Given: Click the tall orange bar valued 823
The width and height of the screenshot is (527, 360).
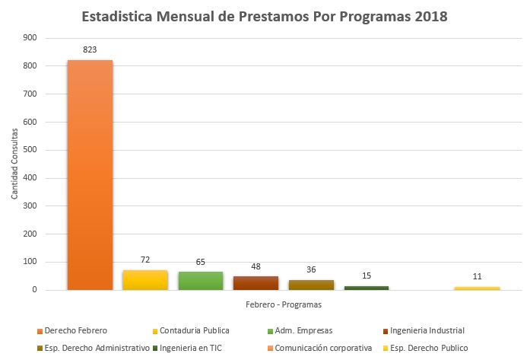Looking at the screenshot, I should pos(90,175).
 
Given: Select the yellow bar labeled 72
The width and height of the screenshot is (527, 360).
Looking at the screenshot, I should pos(145,280).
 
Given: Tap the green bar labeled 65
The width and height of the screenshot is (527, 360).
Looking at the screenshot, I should pos(201,281).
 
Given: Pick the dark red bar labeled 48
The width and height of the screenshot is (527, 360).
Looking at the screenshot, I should pos(256,283).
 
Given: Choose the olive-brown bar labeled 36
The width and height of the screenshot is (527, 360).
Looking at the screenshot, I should pos(311,285).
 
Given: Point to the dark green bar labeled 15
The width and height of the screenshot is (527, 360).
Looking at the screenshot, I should pos(367,288).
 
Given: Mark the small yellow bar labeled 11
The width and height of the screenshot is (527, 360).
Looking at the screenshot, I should pos(477,288).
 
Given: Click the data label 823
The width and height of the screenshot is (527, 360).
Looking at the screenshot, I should pos(90,49).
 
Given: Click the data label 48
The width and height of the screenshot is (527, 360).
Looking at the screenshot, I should pos(256,266).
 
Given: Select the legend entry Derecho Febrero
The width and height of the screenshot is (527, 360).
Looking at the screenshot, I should pos(74,330).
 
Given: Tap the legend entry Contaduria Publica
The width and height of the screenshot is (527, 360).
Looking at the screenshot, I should pos(194,330).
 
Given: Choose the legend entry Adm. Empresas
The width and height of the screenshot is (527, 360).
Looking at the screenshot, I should pos(303,330).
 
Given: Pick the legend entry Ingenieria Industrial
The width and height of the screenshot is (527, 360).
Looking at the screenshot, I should pos(425,330).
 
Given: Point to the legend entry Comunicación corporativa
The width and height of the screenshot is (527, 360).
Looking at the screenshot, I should pos(322,348).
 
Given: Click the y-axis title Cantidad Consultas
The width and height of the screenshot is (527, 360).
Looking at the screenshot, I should pos(15,164).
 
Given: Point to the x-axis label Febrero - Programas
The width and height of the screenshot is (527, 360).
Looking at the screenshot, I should pos(284,304).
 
